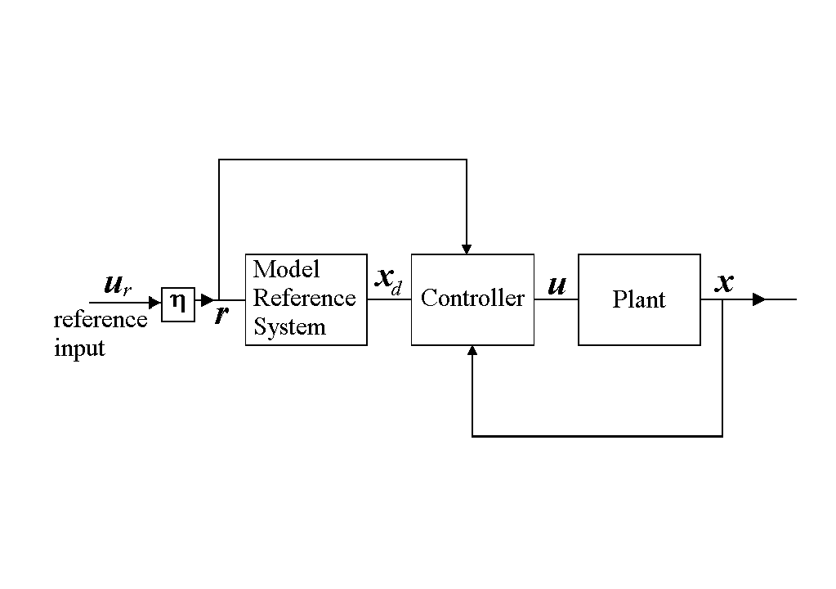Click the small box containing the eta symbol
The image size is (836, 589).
pyautogui.click(x=178, y=304)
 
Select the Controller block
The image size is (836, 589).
pyautogui.click(x=472, y=299)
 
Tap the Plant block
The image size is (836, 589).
pyautogui.click(x=639, y=299)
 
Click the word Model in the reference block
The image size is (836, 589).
pyautogui.click(x=286, y=269)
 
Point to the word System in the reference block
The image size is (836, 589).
pyautogui.click(x=289, y=327)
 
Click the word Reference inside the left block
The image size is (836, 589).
pyautogui.click(x=304, y=298)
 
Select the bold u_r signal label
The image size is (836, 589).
pyautogui.click(x=118, y=286)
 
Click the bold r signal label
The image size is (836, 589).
pyautogui.click(x=221, y=315)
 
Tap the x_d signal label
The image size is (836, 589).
pyautogui.click(x=388, y=279)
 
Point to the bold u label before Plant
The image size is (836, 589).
pyautogui.click(x=557, y=286)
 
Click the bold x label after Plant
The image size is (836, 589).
pyautogui.click(x=724, y=283)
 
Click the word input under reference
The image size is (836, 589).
pyautogui.click(x=79, y=348)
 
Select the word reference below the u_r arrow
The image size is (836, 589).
pyautogui.click(x=101, y=320)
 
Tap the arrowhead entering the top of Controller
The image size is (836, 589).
pyautogui.click(x=467, y=248)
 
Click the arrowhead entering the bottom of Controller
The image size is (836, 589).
pyautogui.click(x=472, y=351)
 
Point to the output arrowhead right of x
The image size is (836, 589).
pyautogui.click(x=759, y=299)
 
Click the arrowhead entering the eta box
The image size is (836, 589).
pyautogui.click(x=155, y=303)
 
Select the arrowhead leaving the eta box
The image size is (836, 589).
pyautogui.click(x=207, y=300)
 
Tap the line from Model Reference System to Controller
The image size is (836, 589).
pyautogui.click(x=389, y=299)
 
